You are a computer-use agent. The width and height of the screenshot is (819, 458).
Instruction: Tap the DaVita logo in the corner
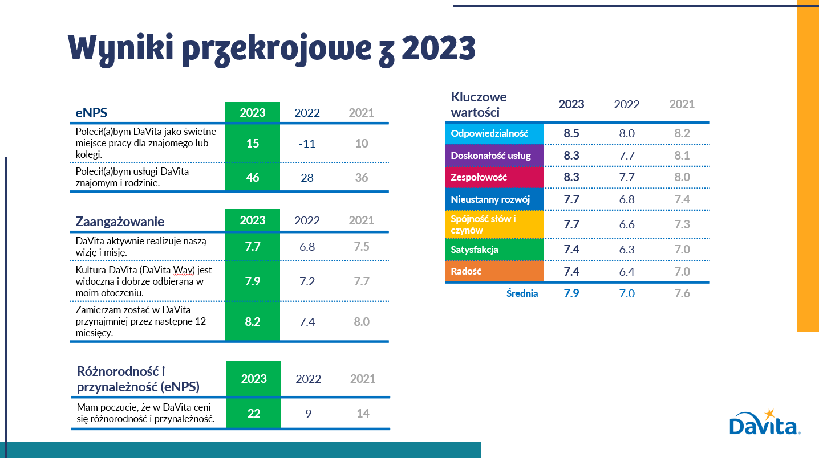point(765,423)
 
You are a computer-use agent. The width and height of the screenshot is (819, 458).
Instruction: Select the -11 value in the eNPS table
point(307,144)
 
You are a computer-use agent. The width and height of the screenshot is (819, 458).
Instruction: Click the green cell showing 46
point(253,178)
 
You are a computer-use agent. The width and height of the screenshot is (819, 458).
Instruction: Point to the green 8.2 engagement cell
point(253,322)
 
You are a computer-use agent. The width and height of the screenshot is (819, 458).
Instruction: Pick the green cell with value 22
point(254,414)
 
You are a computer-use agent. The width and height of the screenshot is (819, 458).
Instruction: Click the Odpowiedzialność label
point(489,134)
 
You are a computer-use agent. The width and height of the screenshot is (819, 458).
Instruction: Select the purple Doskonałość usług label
point(490,156)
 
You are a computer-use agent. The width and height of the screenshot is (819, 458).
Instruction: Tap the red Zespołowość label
point(479,177)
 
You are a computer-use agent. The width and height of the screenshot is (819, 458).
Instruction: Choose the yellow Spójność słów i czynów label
point(484,224)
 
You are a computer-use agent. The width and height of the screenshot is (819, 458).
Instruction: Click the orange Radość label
point(467,271)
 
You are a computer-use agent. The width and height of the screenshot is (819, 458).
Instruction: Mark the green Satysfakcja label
point(475,250)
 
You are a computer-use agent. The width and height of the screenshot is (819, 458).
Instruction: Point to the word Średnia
point(522,294)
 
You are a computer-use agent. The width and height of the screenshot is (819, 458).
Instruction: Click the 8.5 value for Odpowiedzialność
point(571,134)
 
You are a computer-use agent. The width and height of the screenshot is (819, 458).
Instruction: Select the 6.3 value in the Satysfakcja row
point(627,250)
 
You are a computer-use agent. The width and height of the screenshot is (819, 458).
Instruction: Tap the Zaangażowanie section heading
point(120,222)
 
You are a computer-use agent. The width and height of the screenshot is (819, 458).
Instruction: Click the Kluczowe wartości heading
point(479,104)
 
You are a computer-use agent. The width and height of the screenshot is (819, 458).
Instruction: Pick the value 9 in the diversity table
point(308,414)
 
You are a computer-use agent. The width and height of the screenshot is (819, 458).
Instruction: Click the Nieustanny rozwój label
point(490,199)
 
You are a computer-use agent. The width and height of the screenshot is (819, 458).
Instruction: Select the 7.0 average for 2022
point(627,294)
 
